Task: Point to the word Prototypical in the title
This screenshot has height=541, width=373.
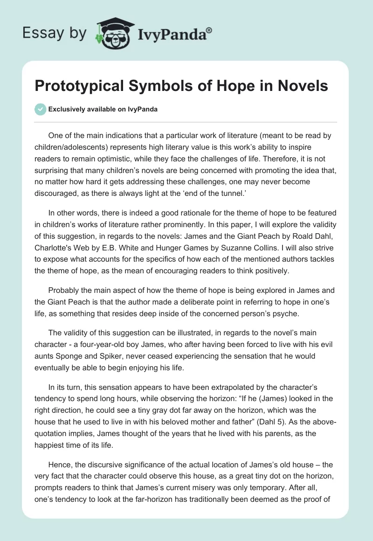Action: click(x=77, y=86)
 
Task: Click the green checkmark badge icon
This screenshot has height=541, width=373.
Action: click(x=40, y=109)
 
